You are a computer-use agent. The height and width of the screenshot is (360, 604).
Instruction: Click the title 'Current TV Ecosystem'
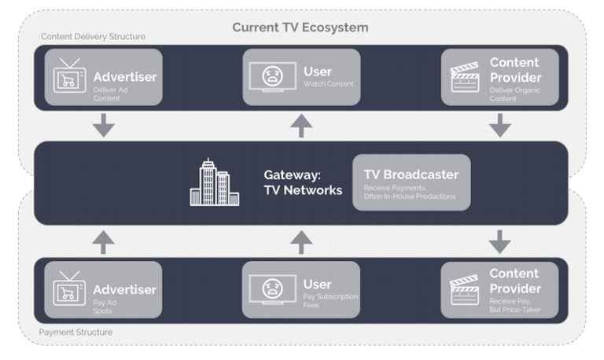click(300, 28)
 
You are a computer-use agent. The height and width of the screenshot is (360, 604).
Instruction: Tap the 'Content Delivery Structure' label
click(94, 37)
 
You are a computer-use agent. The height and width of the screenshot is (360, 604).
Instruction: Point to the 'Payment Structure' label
click(75, 332)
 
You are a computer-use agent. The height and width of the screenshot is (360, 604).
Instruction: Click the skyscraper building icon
click(215, 182)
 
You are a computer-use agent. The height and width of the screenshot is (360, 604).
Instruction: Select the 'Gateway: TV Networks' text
click(303, 182)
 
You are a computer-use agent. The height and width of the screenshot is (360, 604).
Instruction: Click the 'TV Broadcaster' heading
click(411, 174)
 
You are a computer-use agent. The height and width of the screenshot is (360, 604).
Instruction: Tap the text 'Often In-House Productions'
click(410, 197)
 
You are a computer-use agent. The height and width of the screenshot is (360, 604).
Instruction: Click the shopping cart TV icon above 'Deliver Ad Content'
click(69, 75)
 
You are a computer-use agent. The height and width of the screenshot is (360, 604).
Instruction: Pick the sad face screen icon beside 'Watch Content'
click(273, 76)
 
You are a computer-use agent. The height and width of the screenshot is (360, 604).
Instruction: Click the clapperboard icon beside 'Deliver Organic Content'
click(466, 77)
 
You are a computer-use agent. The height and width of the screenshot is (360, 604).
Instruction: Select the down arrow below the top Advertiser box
click(104, 125)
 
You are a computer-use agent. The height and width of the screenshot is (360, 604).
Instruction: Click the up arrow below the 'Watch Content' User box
click(301, 126)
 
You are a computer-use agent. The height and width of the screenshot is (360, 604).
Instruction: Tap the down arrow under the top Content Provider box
click(500, 125)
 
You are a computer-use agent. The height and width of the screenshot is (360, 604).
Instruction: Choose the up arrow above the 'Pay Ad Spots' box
click(103, 242)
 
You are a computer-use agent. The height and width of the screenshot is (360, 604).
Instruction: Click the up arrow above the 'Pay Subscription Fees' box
click(301, 242)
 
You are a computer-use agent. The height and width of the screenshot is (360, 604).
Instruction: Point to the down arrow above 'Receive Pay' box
click(499, 242)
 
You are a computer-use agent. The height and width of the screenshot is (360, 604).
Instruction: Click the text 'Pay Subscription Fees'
click(330, 301)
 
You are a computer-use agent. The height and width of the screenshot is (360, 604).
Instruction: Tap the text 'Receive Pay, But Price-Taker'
click(515, 305)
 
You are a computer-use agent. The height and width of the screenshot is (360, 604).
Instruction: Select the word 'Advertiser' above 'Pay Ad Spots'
click(125, 289)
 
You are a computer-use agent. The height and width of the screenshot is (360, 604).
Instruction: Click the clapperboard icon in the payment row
click(465, 289)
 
